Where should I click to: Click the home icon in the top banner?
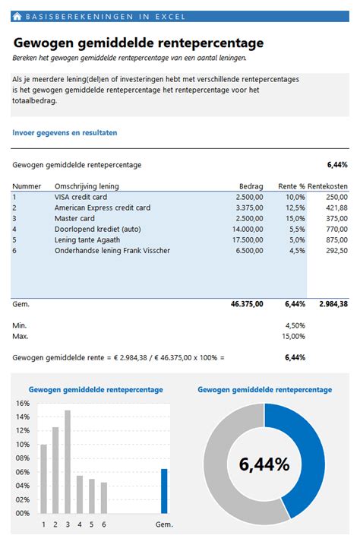pos(17,16)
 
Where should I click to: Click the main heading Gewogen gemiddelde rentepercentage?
pos(138,43)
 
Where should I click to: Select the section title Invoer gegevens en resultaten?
pos(65,132)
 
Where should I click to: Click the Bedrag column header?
pos(251,186)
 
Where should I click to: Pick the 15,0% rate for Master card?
pos(295,218)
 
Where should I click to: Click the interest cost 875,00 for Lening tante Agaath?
pos(336,239)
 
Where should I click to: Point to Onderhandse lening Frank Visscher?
pos(112,250)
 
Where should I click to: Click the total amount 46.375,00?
pos(246,303)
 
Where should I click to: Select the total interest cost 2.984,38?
pos(331,303)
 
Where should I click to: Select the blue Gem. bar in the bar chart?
pos(164,491)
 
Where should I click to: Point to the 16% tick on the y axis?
pos(22,404)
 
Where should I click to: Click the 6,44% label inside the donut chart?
pos(264,464)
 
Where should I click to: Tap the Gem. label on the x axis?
pos(164,524)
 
